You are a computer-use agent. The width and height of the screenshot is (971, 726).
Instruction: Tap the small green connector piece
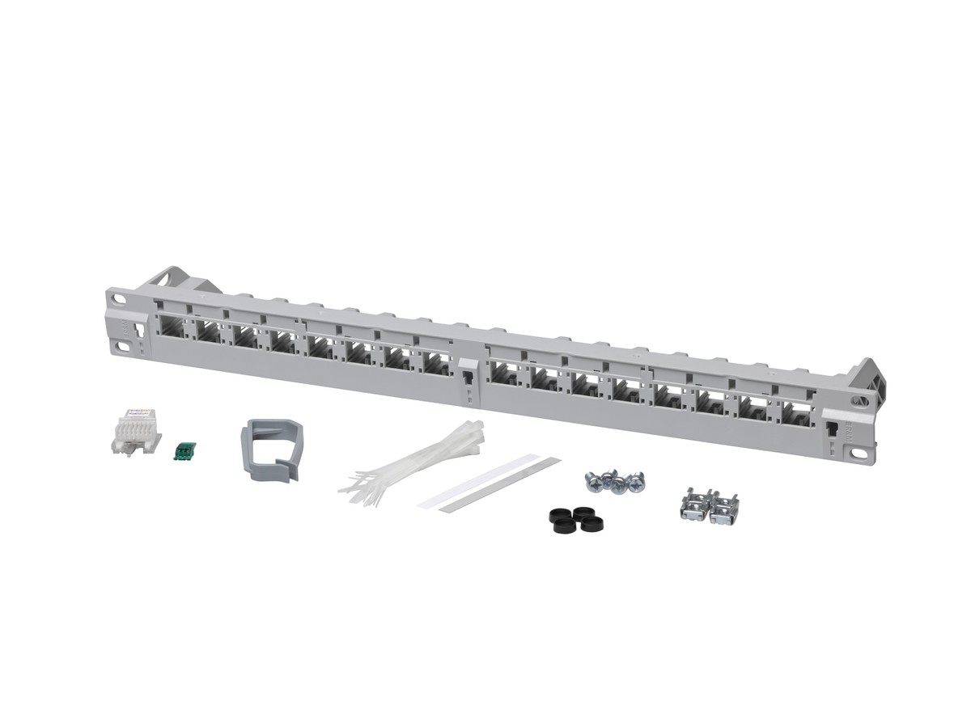[185, 450]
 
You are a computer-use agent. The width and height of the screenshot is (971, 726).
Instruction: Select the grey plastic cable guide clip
[271, 449]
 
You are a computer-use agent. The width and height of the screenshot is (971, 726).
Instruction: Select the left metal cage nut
[694, 506]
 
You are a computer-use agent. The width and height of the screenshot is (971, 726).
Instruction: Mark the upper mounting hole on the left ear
[120, 299]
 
